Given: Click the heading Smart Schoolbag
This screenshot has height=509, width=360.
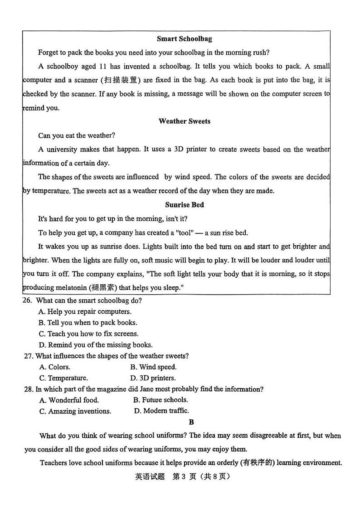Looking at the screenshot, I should click(184, 39).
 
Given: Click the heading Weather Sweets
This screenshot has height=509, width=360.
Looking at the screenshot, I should click(184, 121).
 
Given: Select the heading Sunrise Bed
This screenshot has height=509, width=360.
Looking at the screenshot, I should click(184, 205).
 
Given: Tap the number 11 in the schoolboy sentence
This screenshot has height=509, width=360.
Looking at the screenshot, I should click(104, 66).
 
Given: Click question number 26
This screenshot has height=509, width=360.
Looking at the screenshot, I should click(27, 301).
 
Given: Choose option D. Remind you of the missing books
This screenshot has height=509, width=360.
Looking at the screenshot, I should click(96, 345).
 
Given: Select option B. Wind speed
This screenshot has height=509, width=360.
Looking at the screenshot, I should click(153, 367).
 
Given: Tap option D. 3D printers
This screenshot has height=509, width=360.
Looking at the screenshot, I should click(153, 378).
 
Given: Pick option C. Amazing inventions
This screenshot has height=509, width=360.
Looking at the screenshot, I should click(75, 411).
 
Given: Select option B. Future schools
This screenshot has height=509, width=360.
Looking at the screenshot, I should click(161, 400).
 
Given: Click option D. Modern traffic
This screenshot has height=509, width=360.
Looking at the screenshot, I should click(161, 411).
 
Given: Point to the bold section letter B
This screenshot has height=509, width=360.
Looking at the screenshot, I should click(191, 422).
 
